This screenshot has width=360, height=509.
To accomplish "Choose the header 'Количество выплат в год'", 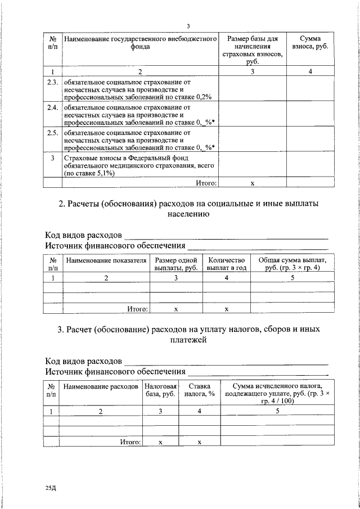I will [226, 264].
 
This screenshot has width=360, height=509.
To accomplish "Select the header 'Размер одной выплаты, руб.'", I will [175, 264].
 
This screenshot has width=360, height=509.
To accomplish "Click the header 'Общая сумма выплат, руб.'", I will [292, 264].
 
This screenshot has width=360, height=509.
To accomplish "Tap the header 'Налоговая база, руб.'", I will [160, 390].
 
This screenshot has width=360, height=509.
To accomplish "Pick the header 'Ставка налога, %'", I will [199, 390].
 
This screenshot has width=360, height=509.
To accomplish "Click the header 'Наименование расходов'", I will [101, 387].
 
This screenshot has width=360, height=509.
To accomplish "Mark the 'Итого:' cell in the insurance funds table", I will [206, 183].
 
